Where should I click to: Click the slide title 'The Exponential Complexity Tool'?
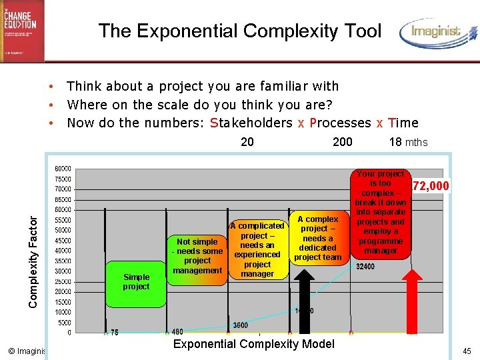(239, 31)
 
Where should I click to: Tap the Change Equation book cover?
(22, 31)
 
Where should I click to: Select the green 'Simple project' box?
(136, 281)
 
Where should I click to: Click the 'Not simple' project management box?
(197, 256)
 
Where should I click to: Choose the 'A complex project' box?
(317, 238)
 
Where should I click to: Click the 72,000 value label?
(431, 185)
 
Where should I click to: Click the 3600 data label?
(241, 325)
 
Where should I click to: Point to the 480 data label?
(178, 332)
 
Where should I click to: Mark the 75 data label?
(115, 332)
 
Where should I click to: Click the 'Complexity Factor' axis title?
(33, 256)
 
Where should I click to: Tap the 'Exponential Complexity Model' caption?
(253, 344)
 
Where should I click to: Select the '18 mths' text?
(408, 141)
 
